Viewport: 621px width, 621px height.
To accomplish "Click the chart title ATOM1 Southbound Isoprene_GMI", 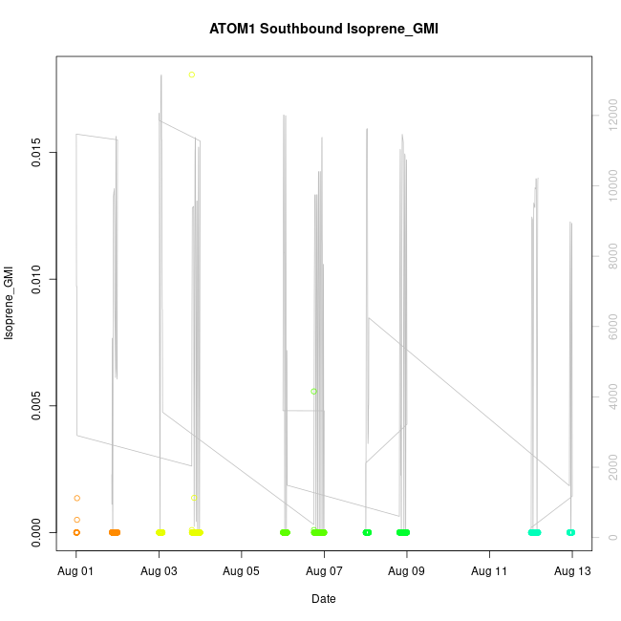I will click(x=323, y=29).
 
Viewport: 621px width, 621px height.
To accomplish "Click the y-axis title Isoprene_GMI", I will click(x=11, y=303).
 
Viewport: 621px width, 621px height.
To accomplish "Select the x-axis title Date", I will click(x=323, y=599).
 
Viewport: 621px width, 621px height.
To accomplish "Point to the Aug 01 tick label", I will click(x=76, y=571).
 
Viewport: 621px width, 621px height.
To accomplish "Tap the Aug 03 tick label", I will click(x=160, y=571).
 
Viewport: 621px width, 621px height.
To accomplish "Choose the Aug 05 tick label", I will click(x=242, y=571).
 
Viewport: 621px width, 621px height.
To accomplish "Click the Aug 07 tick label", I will click(x=325, y=571).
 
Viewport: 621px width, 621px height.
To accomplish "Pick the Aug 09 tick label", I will click(x=407, y=571).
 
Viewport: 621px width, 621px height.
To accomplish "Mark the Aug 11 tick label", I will click(x=489, y=571).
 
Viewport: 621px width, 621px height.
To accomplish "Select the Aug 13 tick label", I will click(x=572, y=571).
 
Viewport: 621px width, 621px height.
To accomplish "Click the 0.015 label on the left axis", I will click(x=36, y=153).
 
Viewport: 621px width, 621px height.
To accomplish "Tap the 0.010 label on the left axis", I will click(x=36, y=280).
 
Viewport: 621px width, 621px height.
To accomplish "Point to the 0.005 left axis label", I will click(x=36, y=406).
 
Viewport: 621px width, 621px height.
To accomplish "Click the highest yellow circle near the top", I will click(x=192, y=75).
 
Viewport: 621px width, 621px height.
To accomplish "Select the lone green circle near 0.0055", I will click(x=313, y=392).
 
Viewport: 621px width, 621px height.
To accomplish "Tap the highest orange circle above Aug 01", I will click(x=76, y=498).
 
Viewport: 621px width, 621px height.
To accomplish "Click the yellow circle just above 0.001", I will click(x=193, y=497).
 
